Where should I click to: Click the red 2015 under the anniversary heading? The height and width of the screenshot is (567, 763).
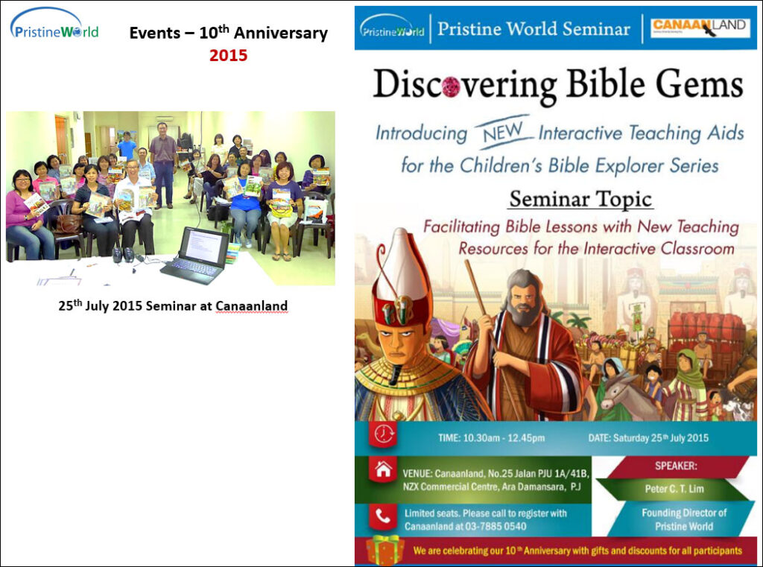pyautogui.click(x=228, y=55)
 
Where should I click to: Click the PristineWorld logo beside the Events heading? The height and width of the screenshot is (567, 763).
pyautogui.click(x=54, y=24)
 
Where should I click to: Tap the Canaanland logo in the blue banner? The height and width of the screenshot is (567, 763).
pyautogui.click(x=699, y=28)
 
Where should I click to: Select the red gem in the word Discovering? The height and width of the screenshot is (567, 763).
pyautogui.click(x=451, y=86)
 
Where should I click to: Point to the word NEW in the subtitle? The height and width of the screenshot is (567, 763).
pyautogui.click(x=502, y=132)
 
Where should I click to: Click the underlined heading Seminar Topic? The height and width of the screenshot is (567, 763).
pyautogui.click(x=580, y=199)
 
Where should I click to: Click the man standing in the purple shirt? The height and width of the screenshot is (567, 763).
pyautogui.click(x=164, y=165)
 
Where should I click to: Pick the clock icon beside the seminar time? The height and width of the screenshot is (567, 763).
pyautogui.click(x=384, y=433)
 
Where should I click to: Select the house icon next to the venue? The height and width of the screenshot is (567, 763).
pyautogui.click(x=384, y=469)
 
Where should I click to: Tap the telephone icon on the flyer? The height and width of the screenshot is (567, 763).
pyautogui.click(x=383, y=516)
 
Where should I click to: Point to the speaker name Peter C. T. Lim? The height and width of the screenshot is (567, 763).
pyautogui.click(x=674, y=489)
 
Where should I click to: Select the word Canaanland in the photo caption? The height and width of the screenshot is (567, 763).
pyautogui.click(x=252, y=306)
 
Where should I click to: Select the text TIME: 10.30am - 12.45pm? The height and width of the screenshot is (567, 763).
pyautogui.click(x=491, y=438)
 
